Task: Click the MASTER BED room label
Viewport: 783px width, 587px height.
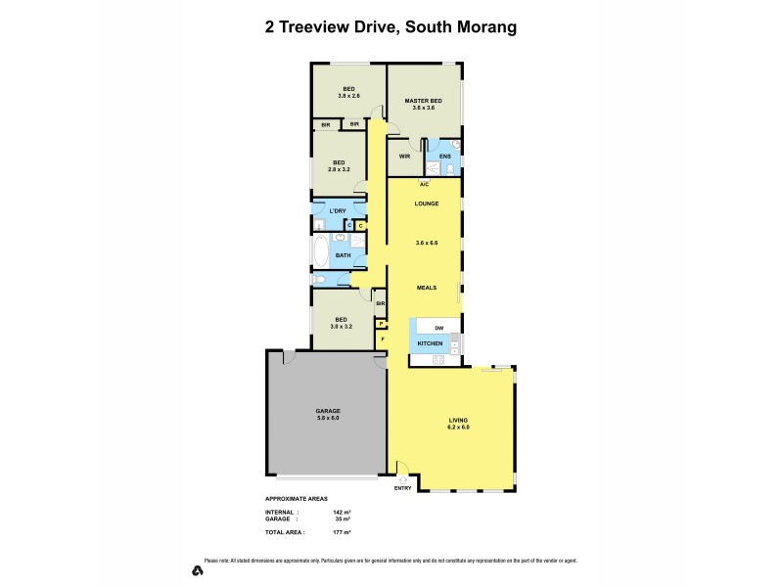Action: (x=423, y=101)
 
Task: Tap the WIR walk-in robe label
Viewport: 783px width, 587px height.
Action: (x=403, y=156)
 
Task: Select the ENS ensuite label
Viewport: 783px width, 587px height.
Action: (x=444, y=156)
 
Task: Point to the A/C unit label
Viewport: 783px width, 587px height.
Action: (x=424, y=184)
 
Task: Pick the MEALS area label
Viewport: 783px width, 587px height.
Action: (x=424, y=288)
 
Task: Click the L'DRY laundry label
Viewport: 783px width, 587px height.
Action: (x=338, y=211)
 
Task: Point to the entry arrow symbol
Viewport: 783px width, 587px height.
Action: (x=402, y=479)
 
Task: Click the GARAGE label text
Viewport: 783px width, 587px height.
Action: (x=327, y=411)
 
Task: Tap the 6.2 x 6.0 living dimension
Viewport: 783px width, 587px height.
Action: (x=459, y=428)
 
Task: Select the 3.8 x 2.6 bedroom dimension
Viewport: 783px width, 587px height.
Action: (x=347, y=96)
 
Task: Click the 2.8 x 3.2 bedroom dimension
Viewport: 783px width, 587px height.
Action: (x=339, y=169)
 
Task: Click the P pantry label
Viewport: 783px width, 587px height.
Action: (x=382, y=323)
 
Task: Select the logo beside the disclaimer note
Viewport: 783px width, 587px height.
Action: (x=197, y=569)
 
